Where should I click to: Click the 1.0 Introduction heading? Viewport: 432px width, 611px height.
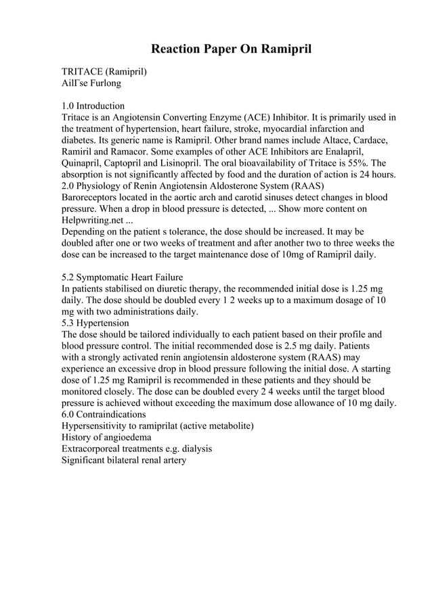[x=93, y=106]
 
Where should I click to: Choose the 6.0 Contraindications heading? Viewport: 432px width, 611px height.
[x=104, y=414]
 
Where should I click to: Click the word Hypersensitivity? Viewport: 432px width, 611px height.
[x=98, y=426]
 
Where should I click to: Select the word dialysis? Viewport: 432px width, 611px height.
[x=193, y=449]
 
